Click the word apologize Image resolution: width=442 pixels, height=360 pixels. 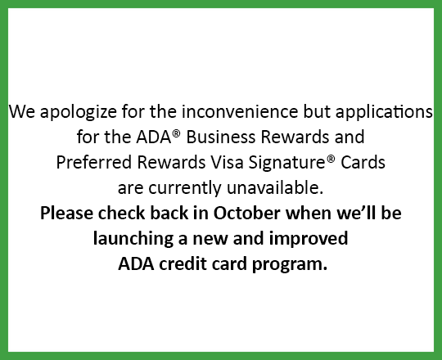point(78,112)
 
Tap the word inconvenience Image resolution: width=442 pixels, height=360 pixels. point(240,111)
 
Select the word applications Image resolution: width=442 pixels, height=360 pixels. point(384,112)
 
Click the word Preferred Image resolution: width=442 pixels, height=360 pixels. point(94,162)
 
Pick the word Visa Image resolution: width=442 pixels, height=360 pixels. point(227,162)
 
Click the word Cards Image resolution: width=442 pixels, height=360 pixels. point(363,162)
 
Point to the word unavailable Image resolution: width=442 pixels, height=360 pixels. point(275,187)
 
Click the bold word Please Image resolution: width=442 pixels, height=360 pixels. point(66,213)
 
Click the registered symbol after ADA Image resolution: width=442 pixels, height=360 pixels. point(176,133)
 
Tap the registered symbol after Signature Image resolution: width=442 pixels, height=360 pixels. point(331,159)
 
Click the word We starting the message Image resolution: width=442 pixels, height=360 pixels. point(22,111)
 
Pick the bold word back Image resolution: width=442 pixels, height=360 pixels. point(169,213)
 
